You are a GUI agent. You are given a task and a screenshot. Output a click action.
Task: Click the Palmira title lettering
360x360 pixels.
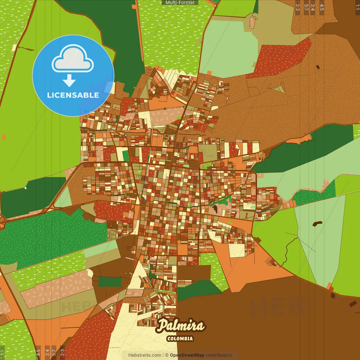point(180,326)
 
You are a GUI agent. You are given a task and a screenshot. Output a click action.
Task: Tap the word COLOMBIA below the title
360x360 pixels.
point(180,339)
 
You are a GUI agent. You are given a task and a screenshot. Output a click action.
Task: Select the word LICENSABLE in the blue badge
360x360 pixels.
point(73,95)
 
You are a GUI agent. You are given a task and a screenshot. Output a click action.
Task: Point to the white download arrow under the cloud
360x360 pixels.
point(69,80)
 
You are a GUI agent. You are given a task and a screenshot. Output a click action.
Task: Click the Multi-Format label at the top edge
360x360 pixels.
point(180,3)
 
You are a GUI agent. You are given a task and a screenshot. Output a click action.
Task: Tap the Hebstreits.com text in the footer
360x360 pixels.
point(145,355)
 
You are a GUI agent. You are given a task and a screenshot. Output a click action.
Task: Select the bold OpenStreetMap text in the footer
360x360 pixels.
point(187,355)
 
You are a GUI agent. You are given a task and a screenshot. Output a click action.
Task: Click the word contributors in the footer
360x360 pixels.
point(219,355)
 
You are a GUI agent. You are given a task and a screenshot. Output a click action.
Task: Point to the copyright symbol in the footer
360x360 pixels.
point(166,355)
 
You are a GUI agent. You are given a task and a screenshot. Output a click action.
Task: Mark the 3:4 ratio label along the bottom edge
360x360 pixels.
point(47,352)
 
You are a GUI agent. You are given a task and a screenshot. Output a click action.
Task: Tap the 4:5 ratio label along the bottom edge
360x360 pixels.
point(39,352)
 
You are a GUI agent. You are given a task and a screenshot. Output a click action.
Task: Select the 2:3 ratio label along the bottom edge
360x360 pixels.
point(62,352)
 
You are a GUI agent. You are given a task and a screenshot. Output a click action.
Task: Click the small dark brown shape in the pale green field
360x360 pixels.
point(317,224)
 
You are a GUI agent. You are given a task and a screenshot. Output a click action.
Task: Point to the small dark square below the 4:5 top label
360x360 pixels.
point(318,67)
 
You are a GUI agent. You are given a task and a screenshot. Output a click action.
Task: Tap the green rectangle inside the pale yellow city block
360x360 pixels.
point(125,156)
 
